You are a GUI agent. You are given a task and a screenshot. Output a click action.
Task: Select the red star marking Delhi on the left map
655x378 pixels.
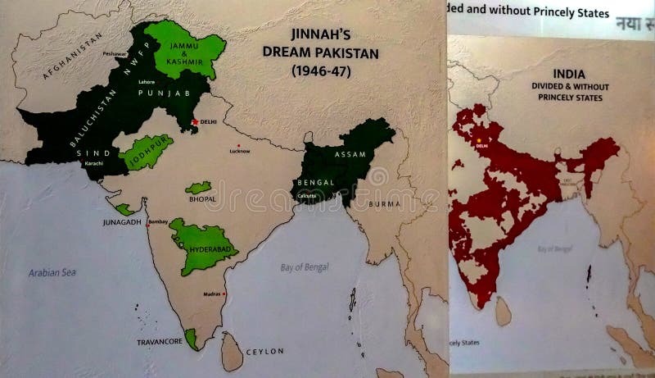(x=194, y=121)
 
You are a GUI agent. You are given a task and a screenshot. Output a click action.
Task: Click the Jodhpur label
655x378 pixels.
(x=146, y=151)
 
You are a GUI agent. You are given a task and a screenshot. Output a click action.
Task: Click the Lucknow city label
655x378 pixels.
(x=240, y=151)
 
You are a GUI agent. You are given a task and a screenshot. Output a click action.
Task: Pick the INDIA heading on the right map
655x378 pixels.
(x=568, y=73)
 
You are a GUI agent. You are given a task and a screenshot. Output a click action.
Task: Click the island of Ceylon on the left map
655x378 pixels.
(x=233, y=353)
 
